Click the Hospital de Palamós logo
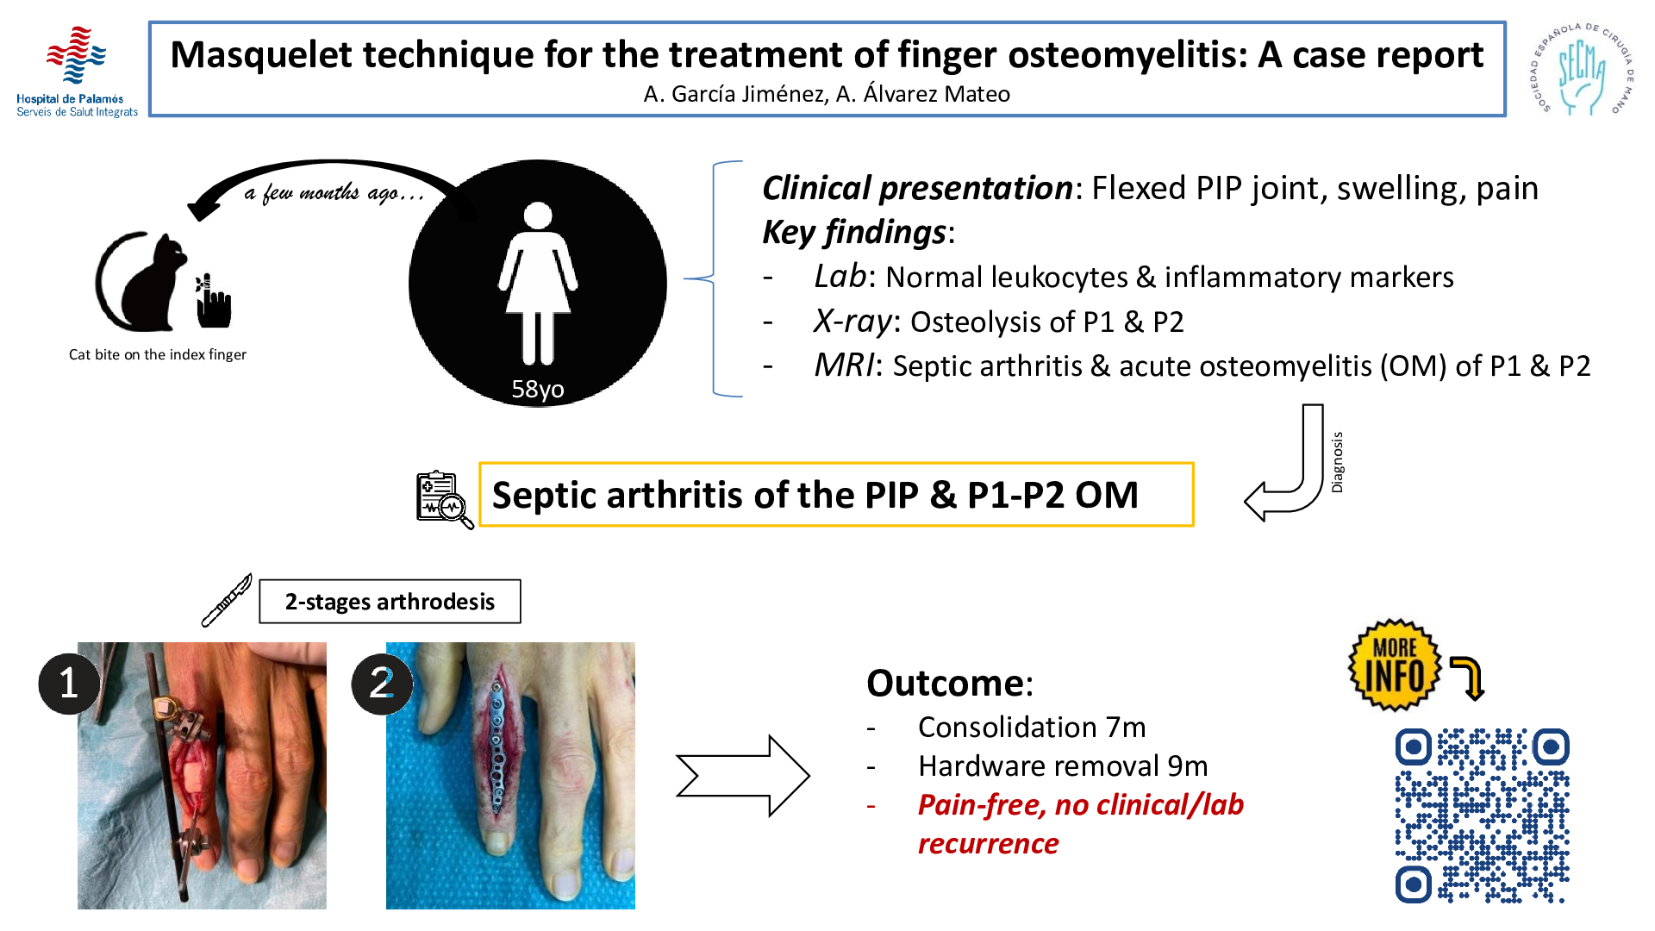click(x=77, y=71)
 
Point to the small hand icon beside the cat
click(x=213, y=301)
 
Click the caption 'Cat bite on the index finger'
click(x=158, y=354)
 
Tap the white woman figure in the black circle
click(x=538, y=284)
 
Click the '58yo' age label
click(x=538, y=389)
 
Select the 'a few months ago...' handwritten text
click(x=334, y=192)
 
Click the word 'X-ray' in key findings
click(x=852, y=321)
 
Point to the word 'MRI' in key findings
click(x=844, y=366)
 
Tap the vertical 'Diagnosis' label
click(x=1337, y=462)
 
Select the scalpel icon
click(x=227, y=600)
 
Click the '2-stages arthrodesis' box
click(x=390, y=601)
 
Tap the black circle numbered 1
click(x=69, y=684)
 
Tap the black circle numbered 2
click(x=382, y=684)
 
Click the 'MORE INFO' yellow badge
click(x=1395, y=665)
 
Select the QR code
click(x=1483, y=815)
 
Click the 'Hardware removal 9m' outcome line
click(x=1063, y=765)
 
